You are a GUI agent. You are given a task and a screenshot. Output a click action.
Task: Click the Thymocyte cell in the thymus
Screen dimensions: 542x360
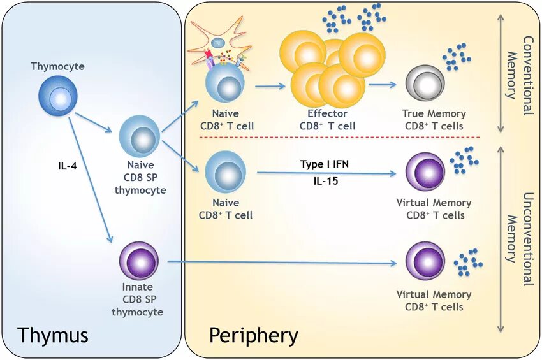click(58, 96)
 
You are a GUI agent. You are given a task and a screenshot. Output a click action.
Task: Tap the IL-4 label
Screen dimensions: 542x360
click(67, 166)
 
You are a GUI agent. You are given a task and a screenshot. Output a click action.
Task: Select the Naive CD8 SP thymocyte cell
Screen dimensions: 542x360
click(140, 136)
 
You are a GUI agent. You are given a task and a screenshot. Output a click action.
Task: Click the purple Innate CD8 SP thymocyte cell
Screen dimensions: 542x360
click(139, 261)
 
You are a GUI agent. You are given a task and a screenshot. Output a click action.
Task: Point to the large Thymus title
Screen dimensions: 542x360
click(53, 335)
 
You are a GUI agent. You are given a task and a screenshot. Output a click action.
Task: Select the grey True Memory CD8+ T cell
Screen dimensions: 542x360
click(425, 83)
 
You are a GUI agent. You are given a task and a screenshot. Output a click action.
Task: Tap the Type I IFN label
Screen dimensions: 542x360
click(325, 164)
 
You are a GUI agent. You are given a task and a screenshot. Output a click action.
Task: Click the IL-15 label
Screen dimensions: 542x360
click(326, 181)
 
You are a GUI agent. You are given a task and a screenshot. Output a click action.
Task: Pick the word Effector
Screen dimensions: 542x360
click(327, 113)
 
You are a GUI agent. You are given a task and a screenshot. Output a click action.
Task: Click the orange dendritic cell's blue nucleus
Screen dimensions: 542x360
click(218, 43)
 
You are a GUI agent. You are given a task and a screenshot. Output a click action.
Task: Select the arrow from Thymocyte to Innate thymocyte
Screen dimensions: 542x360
click(91, 180)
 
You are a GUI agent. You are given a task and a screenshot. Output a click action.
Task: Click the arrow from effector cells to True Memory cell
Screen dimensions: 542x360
click(383, 84)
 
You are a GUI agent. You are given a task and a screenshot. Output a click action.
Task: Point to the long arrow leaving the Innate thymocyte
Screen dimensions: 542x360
click(282, 263)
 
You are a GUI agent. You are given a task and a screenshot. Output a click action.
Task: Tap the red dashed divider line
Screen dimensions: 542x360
click(339, 137)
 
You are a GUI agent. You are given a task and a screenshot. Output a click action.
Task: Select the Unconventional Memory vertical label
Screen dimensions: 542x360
click(519, 239)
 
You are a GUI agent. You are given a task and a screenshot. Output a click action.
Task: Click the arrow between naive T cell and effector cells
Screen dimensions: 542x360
click(270, 86)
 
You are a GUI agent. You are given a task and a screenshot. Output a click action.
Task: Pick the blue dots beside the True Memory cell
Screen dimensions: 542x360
click(457, 57)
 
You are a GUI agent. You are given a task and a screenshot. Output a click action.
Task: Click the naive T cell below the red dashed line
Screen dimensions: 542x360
click(225, 173)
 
